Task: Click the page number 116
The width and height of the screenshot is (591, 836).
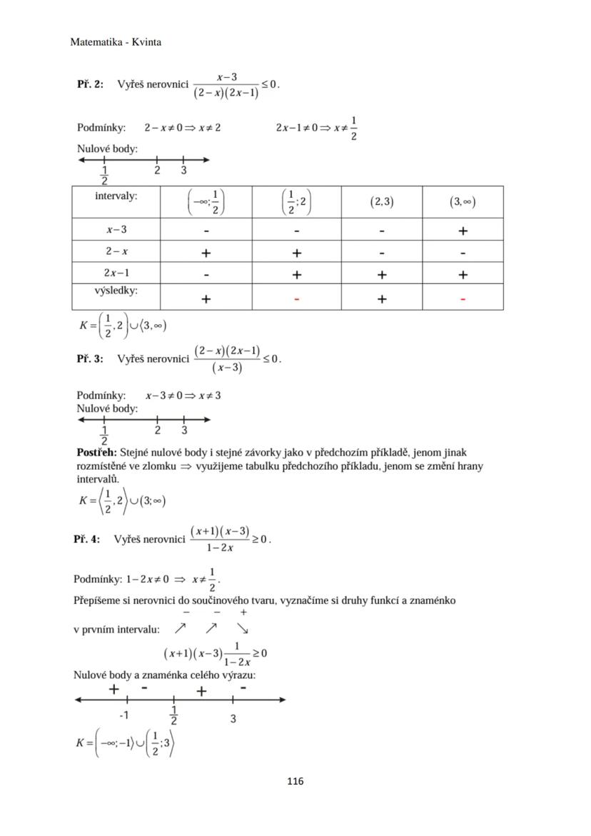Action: point(295,781)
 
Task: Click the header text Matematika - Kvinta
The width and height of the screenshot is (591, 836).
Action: point(116,42)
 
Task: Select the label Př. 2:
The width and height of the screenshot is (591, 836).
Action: point(90,84)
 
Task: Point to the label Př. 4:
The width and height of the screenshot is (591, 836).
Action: point(86,539)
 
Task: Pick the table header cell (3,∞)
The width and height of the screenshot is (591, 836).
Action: point(463,202)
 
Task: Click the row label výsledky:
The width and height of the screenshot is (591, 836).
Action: point(116,291)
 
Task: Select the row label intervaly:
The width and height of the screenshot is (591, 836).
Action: point(116,195)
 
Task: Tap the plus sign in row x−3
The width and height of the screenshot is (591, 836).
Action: point(463,231)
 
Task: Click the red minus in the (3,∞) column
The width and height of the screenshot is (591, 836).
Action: point(463,299)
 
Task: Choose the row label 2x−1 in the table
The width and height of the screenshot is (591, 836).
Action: point(116,273)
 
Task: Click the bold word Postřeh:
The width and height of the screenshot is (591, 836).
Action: point(96,453)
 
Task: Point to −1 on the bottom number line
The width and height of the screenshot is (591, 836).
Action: point(124,715)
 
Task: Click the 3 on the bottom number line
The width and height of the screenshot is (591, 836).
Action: point(233,719)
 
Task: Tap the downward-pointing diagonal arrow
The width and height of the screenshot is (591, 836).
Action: point(243,629)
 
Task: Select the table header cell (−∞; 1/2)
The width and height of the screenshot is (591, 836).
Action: point(206,202)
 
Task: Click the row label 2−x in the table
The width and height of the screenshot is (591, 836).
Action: point(116,251)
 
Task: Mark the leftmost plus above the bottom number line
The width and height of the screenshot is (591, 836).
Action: point(113,689)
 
